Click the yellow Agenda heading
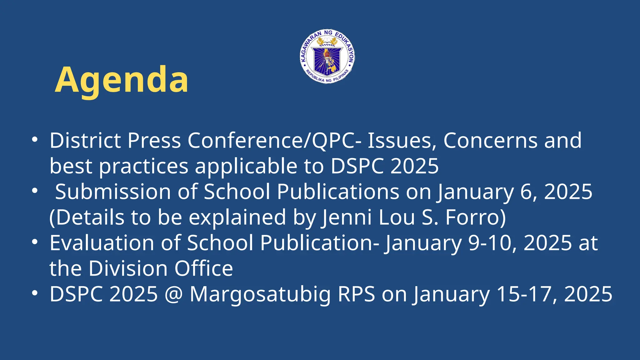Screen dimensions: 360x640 coord(122,80)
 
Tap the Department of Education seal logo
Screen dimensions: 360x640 coord(327,57)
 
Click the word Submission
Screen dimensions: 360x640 coord(113,191)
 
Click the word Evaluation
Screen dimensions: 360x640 coord(102,243)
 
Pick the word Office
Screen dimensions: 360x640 coord(203,268)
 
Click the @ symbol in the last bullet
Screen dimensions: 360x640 coord(173,294)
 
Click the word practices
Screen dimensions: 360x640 coord(144,166)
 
